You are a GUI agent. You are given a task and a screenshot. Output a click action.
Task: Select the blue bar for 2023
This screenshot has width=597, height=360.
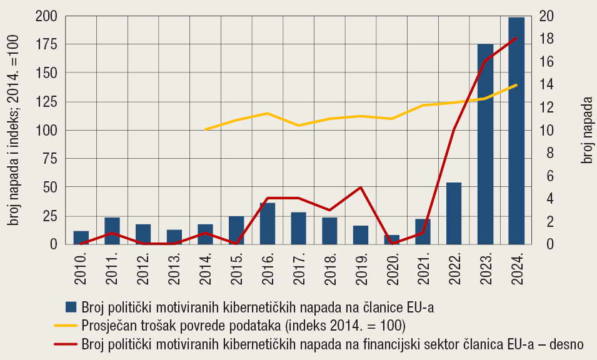485,144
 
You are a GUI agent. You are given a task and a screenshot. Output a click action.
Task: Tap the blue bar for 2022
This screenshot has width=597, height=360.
454,213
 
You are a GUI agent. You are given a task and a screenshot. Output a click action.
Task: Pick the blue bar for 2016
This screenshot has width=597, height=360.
268,223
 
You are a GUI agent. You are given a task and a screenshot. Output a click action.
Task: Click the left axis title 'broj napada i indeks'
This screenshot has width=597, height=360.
14,130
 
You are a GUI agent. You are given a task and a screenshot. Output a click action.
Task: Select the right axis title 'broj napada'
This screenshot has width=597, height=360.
586,130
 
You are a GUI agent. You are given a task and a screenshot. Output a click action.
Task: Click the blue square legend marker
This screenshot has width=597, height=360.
71,306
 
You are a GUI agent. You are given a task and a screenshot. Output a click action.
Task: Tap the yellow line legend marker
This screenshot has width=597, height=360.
66,325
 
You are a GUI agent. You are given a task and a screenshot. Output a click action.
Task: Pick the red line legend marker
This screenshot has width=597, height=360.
66,344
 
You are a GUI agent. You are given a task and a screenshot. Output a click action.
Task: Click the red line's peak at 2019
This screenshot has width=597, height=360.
361,187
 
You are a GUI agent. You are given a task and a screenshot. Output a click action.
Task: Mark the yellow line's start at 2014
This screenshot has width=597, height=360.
206,129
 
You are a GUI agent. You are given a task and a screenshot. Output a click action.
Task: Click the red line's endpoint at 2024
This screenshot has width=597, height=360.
516,38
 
